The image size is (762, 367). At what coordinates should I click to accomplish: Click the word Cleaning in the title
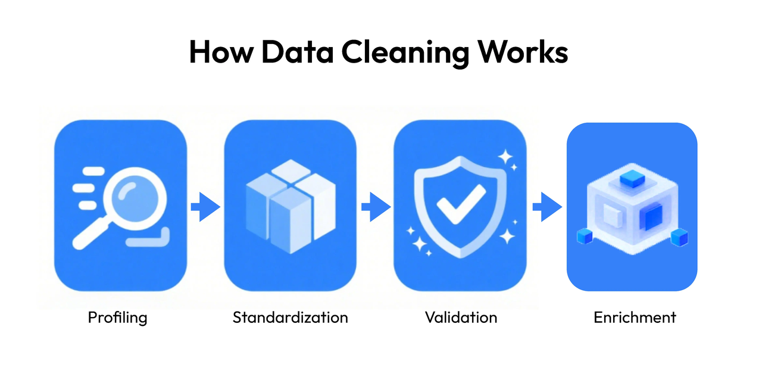tap(403, 53)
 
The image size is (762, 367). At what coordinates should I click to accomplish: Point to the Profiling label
tap(117, 317)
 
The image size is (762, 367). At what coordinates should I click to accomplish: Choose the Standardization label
tap(290, 317)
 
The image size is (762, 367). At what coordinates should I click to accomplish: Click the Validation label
tap(461, 317)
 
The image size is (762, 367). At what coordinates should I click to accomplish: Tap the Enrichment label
tap(635, 317)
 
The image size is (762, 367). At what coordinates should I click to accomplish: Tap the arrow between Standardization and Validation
tap(376, 207)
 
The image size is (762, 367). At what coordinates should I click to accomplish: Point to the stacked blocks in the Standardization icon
tap(289, 206)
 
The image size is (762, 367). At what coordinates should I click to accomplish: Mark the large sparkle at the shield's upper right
tap(505, 158)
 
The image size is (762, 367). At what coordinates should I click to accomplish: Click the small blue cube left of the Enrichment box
tap(585, 237)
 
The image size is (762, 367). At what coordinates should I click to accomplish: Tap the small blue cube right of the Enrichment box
tap(679, 238)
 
